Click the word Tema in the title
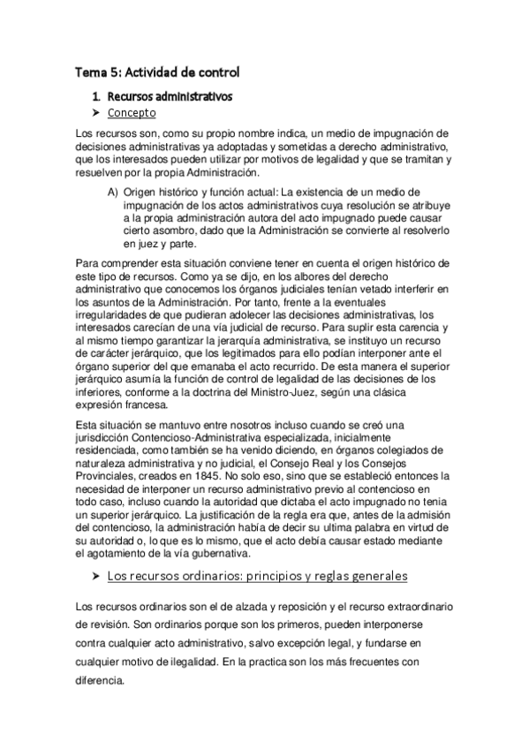(88, 72)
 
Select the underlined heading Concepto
(132, 113)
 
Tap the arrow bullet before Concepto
(97, 113)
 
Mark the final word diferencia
(102, 682)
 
